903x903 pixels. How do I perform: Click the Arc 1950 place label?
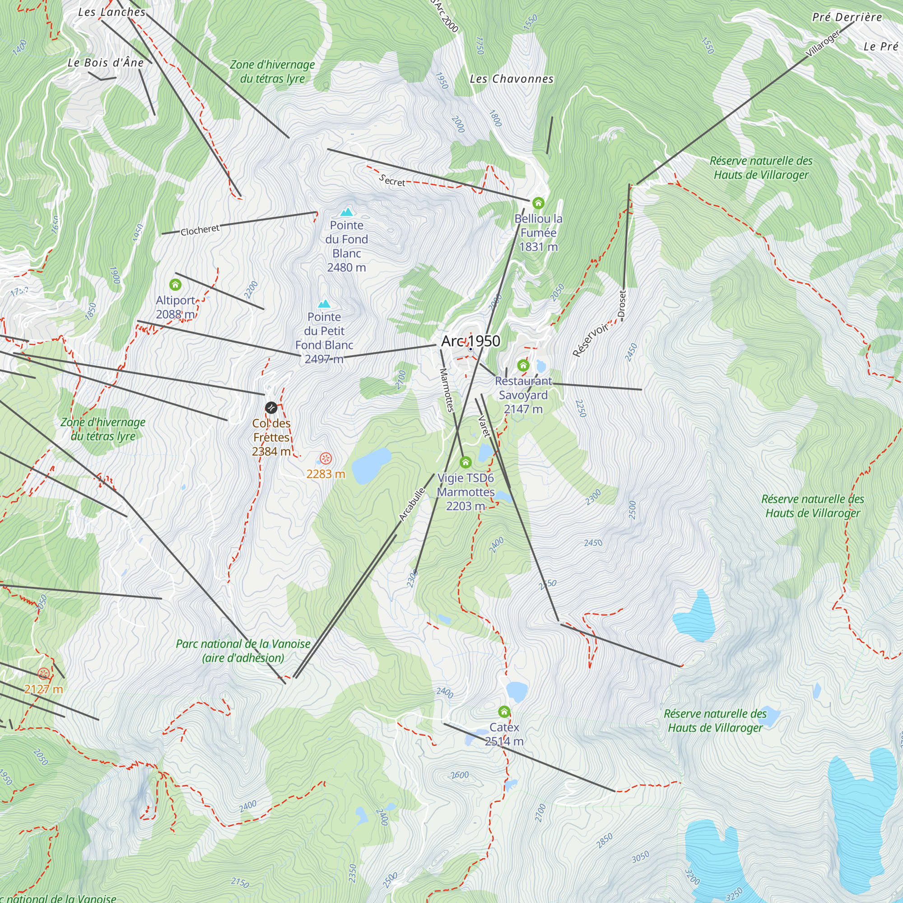coord(470,341)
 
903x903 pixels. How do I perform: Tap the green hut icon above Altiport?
coord(175,284)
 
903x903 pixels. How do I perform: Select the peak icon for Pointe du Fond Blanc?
coord(347,212)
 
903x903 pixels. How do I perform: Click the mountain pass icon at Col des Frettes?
coord(271,408)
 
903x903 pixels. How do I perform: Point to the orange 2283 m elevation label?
coord(326,474)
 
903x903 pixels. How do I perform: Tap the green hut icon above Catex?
coord(504,712)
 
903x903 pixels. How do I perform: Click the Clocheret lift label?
coord(200,230)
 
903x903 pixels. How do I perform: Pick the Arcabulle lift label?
coord(412,504)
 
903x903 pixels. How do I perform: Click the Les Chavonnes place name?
coord(512,79)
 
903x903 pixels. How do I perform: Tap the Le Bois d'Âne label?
coord(106,63)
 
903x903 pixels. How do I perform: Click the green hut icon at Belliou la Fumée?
coord(539,203)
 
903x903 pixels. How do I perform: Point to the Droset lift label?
coord(622,304)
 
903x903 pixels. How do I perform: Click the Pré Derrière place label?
coord(847,17)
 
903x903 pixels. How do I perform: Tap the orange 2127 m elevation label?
coord(43,689)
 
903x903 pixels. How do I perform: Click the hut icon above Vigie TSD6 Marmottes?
coord(465,462)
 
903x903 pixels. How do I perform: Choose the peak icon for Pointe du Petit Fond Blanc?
coord(324,304)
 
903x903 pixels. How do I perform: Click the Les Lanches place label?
coord(112,12)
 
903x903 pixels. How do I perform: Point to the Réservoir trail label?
coord(590,340)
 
